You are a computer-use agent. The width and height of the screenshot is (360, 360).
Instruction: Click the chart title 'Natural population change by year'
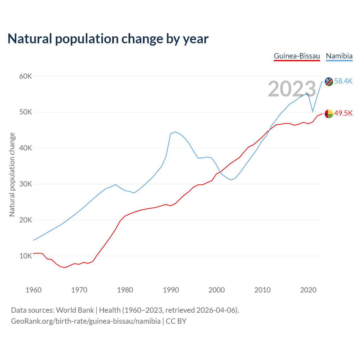108,39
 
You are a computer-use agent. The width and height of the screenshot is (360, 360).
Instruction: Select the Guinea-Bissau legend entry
297,56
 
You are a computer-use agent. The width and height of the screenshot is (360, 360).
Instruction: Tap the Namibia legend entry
339,56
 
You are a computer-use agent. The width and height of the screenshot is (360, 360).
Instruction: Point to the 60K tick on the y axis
26,76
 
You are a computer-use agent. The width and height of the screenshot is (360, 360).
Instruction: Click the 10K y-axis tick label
26,256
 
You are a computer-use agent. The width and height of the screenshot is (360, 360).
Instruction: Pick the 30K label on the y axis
26,184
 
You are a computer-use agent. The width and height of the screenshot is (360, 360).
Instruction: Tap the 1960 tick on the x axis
33,290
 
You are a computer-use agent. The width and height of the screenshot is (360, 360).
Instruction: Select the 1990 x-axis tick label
171,290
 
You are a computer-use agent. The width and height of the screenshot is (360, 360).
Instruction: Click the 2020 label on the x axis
308,290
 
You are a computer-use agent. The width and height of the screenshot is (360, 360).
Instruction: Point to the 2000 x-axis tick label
217,290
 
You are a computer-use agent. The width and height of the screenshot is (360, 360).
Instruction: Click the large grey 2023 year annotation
292,89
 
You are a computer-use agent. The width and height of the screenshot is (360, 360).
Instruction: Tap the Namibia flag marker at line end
329,82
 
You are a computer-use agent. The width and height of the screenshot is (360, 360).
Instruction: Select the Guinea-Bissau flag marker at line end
329,114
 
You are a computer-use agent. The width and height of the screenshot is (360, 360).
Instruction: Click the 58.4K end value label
343,81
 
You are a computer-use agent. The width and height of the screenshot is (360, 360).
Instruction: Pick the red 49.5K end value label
343,113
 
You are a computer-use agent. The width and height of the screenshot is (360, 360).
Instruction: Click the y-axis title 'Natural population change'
12,175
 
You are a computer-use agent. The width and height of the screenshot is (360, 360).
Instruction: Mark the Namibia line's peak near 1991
175,132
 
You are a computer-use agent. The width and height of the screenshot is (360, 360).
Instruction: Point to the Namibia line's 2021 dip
313,111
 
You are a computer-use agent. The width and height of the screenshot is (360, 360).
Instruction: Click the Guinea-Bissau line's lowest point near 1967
65,267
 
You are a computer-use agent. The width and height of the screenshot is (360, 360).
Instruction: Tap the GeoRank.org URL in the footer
86,321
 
